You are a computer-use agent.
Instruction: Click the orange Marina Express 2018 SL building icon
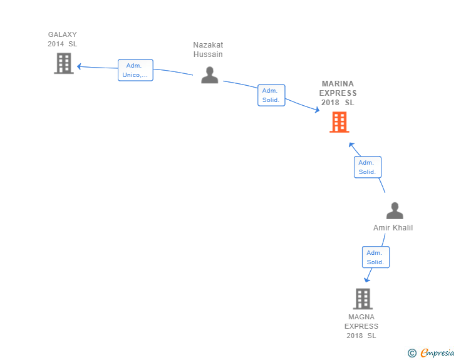339,122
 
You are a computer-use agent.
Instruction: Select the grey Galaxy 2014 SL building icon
63,63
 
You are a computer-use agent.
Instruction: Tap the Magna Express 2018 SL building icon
363,299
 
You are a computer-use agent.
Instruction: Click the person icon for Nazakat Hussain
209,75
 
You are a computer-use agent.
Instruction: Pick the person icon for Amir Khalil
395,210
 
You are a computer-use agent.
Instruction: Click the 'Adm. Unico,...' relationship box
135,70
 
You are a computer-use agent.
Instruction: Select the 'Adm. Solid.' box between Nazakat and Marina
271,95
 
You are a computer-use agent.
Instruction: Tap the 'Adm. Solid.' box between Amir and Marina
367,167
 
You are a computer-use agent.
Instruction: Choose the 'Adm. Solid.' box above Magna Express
375,257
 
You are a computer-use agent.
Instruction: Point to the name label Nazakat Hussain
208,49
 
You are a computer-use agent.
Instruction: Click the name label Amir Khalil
393,228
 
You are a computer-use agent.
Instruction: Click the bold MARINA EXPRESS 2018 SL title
338,93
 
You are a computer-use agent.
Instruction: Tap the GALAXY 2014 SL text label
63,39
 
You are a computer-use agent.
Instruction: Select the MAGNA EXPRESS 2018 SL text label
361,326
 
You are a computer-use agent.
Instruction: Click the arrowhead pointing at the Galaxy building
79,66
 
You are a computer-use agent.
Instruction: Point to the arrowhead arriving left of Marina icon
317,111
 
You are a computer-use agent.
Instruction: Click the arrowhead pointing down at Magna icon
368,280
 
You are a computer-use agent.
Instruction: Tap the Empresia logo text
437,353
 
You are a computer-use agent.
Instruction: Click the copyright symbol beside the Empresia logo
412,353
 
